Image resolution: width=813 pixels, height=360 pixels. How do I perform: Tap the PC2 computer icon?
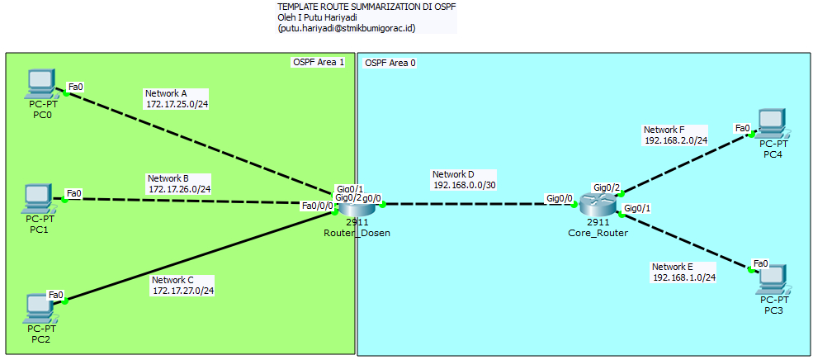39,308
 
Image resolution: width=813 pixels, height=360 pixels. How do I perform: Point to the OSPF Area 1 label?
318,63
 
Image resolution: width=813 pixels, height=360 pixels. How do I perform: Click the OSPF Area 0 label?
390,63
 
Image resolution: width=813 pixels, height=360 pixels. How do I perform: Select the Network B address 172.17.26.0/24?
179,189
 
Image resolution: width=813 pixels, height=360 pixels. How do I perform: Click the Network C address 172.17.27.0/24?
182,291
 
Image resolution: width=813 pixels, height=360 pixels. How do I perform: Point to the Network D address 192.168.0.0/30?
464,186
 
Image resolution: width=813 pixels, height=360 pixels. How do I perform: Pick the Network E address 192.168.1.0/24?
683,277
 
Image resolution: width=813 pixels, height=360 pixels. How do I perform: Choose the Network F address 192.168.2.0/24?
676,140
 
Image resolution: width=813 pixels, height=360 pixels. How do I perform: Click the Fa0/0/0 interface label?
318,206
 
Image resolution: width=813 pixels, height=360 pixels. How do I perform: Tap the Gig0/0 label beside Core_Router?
559,198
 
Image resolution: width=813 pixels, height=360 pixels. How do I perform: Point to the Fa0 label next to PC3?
761,263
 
